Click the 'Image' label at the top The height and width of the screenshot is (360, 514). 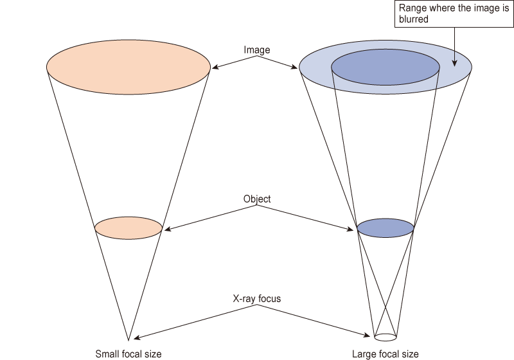[x=257, y=50]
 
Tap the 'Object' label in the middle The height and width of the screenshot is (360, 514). [x=257, y=199]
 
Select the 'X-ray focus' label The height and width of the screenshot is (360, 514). [x=257, y=299]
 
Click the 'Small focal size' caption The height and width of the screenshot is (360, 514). [x=128, y=354]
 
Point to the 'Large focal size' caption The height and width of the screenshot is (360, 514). [x=385, y=354]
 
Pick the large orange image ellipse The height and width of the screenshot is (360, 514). [x=128, y=66]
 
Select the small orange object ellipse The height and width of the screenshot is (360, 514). [x=128, y=228]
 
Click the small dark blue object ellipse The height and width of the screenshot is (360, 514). [x=385, y=228]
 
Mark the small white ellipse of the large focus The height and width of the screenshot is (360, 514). [x=385, y=336]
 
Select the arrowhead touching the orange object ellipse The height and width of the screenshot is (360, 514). [x=165, y=229]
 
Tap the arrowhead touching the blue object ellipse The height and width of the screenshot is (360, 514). [x=354, y=230]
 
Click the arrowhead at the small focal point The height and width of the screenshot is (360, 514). [x=133, y=338]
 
